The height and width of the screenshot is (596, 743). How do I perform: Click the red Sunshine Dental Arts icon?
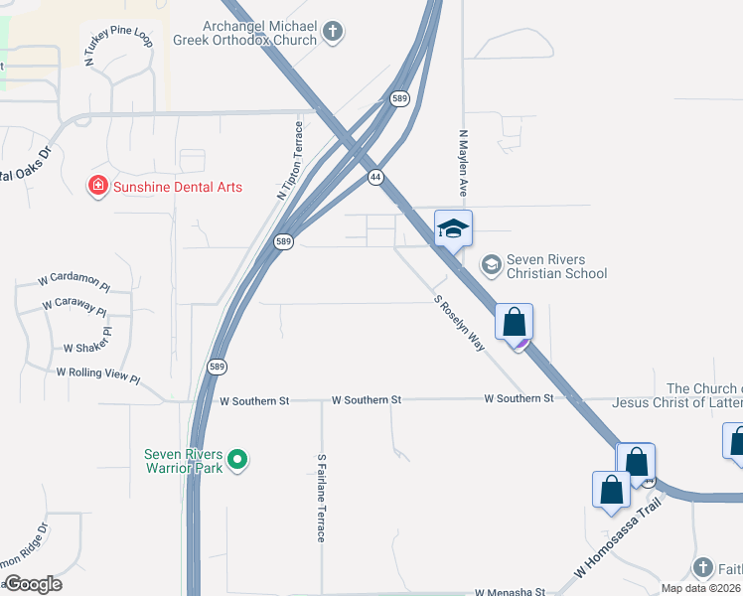97,187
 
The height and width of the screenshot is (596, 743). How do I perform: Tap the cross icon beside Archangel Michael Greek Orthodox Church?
333,33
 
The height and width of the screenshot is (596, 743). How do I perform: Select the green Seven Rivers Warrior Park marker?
236,460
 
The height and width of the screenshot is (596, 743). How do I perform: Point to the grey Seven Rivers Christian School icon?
490,264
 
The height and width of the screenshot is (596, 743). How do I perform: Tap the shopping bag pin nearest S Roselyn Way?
514,324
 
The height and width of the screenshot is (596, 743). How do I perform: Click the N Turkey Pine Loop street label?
118,48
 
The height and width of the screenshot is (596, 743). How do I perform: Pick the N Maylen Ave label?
462,161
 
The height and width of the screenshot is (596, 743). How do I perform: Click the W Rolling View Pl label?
98,372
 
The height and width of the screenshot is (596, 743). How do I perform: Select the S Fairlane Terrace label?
321,498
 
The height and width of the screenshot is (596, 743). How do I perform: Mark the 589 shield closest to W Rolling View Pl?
218,367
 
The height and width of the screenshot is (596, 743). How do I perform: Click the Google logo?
33,584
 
